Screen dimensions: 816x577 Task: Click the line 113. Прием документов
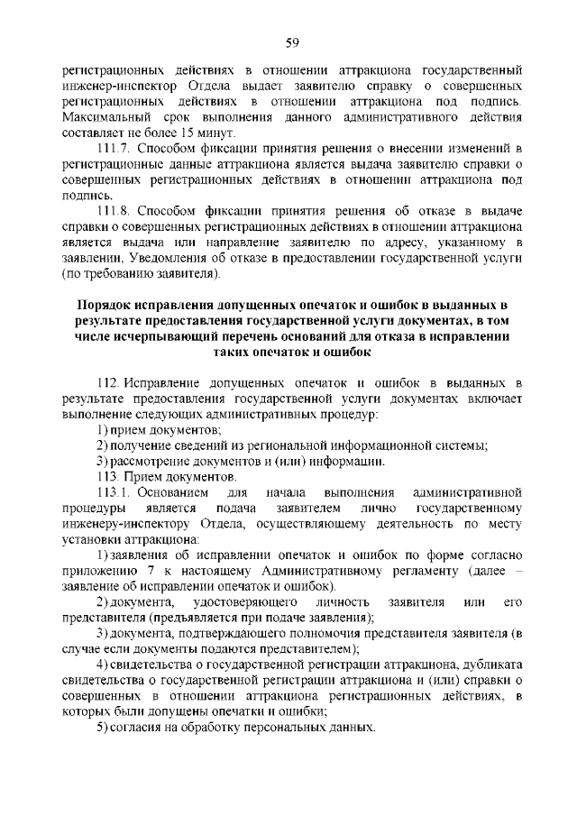[168, 476]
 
